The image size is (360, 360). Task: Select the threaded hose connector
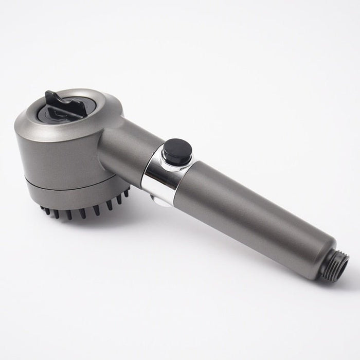click(339, 264)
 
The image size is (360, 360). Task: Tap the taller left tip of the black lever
click(50, 96)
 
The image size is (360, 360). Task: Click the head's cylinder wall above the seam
click(57, 154)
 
